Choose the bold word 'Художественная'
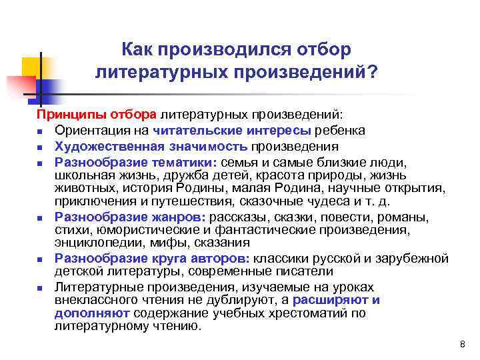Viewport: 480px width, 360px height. click(106, 146)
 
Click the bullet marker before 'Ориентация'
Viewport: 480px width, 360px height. click(41, 131)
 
